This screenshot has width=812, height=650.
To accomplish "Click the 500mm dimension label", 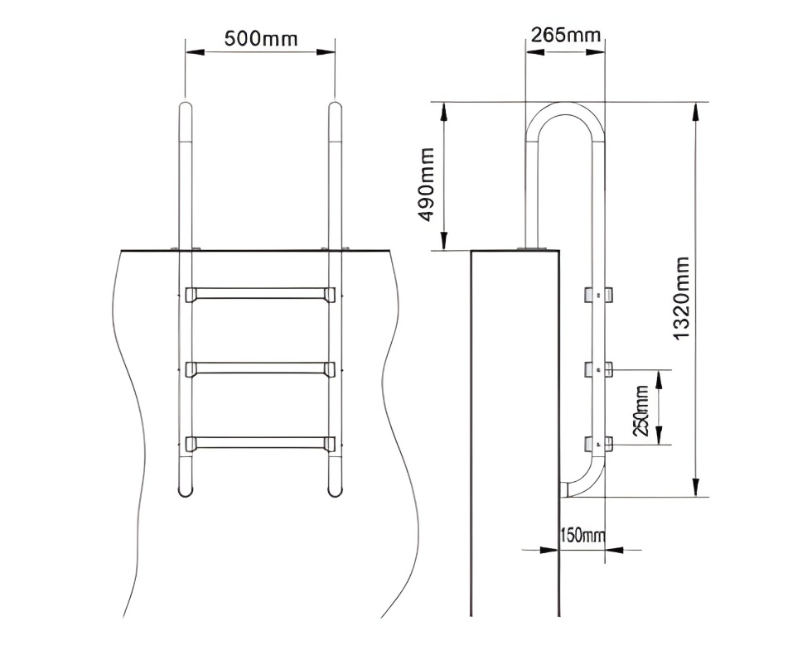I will pos(260,38).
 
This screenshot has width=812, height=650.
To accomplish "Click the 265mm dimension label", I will pos(566,35).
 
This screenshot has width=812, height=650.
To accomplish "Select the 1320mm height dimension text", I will pos(681,298).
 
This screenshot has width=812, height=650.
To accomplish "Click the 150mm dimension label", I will pos(583,535).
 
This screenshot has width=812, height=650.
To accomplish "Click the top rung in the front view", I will pos(260,293).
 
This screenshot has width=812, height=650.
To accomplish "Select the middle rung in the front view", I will pos(260,368).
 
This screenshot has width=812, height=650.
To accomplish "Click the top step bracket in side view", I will pos(599,294).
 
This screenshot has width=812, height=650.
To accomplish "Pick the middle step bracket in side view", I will pos(599,369).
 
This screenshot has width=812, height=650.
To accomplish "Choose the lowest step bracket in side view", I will pos(599,445).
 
